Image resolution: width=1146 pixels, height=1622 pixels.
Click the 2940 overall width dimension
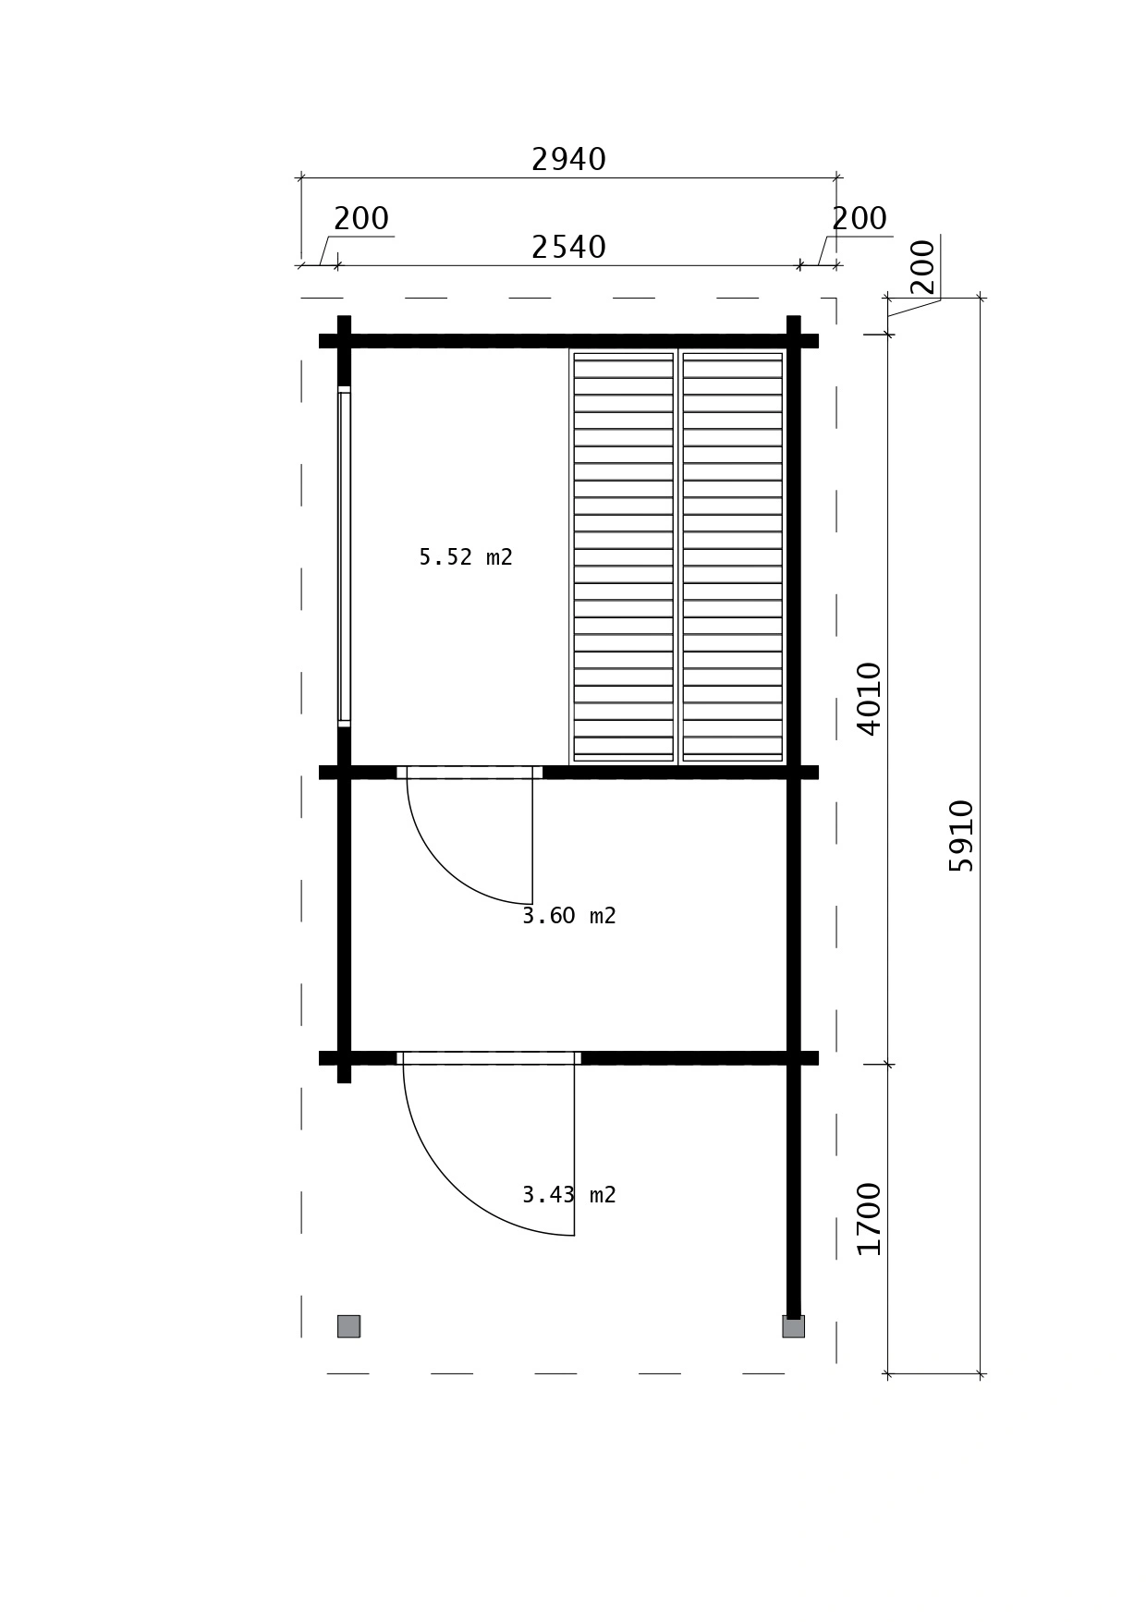coord(568,160)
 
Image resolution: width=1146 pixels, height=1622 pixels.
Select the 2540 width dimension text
coord(568,248)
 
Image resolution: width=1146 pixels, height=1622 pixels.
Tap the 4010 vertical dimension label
coord(870,699)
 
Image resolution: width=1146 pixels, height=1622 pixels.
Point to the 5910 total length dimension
coord(961,835)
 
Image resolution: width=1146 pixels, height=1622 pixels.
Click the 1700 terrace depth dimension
coord(870,1219)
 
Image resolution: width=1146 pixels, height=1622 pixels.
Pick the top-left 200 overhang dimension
coord(361,219)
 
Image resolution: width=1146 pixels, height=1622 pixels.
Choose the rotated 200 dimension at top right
coord(922,267)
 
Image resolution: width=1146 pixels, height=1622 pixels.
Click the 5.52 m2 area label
coord(466,557)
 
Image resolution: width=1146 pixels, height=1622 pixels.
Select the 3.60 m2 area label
coord(569,916)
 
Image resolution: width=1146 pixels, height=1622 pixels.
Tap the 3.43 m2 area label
coord(569,1195)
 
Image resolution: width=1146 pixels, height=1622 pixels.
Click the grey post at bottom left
coord(348,1326)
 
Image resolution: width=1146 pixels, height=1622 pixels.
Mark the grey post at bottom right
coord(793,1326)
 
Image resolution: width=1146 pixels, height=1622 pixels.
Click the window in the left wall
coord(344,556)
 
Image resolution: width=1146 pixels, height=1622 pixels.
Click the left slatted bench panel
coord(624,556)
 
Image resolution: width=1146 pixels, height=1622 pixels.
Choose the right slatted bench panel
coord(733,556)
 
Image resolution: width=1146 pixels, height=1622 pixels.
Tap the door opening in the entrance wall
coord(489,1058)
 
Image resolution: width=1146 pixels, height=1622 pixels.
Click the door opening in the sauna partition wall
coord(469,773)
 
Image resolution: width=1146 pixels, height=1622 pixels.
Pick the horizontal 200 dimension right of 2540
coord(859,219)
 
